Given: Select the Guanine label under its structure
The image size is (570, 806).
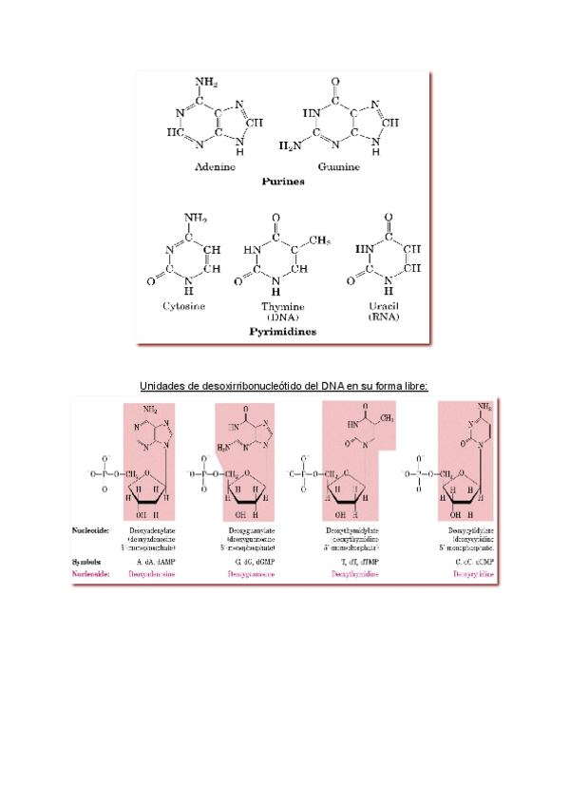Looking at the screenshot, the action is click(339, 167).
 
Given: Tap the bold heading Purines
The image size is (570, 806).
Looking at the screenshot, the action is click(283, 181).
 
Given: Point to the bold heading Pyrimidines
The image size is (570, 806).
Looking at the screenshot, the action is click(283, 332).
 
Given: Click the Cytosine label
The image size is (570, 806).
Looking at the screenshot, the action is click(183, 306).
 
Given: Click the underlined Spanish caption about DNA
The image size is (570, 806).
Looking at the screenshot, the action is click(284, 386).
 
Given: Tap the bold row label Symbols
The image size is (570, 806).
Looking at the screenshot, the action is click(91, 562).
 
